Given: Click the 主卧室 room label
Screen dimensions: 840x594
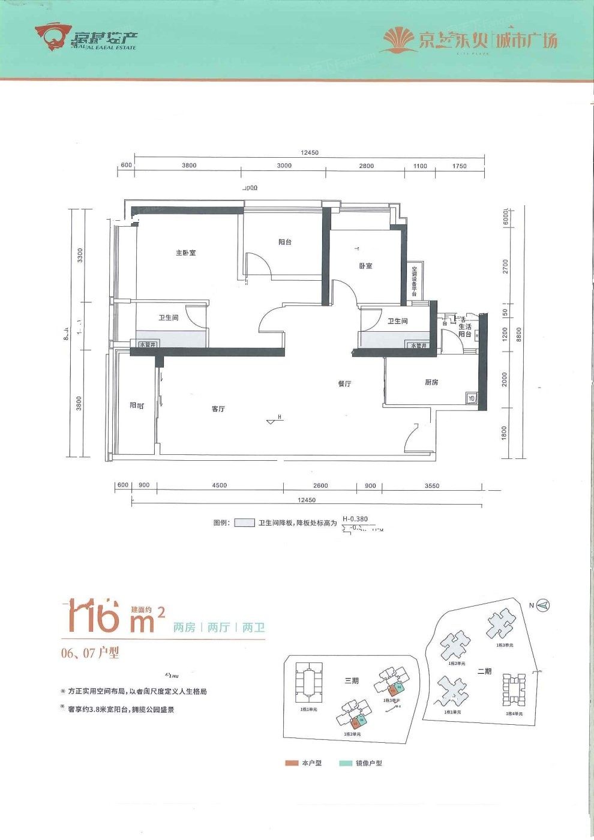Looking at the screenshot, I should pos(185,253).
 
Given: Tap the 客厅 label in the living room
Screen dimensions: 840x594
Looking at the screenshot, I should pos(218,409).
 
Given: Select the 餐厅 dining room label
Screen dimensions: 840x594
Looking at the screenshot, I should pos(344,384).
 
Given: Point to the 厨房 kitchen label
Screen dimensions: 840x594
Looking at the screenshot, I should pos(431,382).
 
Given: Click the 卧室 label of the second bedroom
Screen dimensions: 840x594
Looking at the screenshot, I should pos(365,266).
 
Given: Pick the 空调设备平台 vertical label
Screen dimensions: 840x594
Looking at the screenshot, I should pos(414,281).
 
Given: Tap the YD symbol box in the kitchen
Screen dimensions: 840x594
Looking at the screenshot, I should pos(471,398).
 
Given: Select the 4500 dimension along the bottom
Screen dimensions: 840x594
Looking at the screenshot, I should pos(220,486).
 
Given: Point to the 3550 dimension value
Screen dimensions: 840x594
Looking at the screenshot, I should pos(431,486).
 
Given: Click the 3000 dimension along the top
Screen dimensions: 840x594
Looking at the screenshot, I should pos(284,166).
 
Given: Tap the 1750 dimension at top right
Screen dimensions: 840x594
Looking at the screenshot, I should pos(459,166).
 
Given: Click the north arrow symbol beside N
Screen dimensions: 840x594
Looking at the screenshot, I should pos(544,605).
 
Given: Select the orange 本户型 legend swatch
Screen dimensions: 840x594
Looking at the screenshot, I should pos(292,763).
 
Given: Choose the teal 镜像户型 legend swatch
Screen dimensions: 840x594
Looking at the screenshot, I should pos(346,763).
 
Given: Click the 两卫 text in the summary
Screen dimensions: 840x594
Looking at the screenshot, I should pos(254,628).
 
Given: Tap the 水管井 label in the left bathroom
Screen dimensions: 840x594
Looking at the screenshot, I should pos(147,345).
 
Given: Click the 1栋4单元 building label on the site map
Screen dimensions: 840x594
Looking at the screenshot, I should pos(512,714).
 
